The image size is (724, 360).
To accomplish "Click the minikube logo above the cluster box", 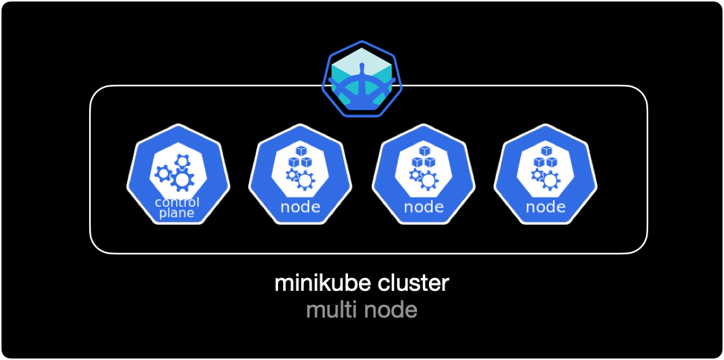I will tap(362, 79).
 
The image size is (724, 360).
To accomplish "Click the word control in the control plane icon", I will tap(177, 202).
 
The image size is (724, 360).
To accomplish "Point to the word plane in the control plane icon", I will tap(176, 213).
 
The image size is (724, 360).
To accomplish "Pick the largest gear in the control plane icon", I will tap(182, 179).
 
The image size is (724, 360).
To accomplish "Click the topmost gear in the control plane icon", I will tap(181, 160).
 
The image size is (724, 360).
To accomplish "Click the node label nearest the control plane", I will tap(300, 207).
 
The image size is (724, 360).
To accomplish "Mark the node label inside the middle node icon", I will tap(424, 207).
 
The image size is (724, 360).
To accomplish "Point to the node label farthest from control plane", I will tap(546, 207).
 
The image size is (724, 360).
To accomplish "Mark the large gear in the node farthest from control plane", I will tap(550, 181).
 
